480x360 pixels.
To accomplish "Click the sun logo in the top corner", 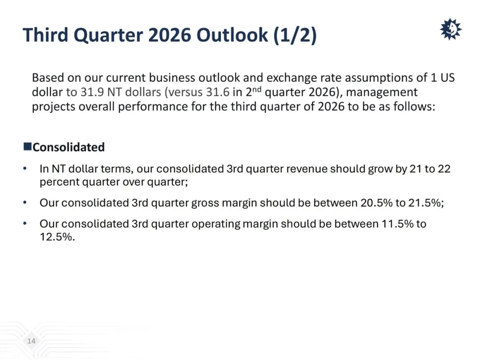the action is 451,29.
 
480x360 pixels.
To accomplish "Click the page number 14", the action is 32,341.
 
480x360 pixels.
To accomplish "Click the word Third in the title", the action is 46,35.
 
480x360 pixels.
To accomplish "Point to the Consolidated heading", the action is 68,147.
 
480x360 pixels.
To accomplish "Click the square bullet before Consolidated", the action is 28,146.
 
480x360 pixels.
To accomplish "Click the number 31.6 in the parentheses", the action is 218,92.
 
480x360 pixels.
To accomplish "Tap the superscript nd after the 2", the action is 257,89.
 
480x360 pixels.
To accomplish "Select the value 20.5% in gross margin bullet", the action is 376,203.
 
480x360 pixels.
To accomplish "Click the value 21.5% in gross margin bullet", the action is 425,203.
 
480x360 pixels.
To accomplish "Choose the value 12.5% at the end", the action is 56,237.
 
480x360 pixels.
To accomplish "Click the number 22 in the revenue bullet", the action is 444,169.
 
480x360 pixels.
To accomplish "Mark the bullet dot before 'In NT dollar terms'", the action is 25,168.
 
